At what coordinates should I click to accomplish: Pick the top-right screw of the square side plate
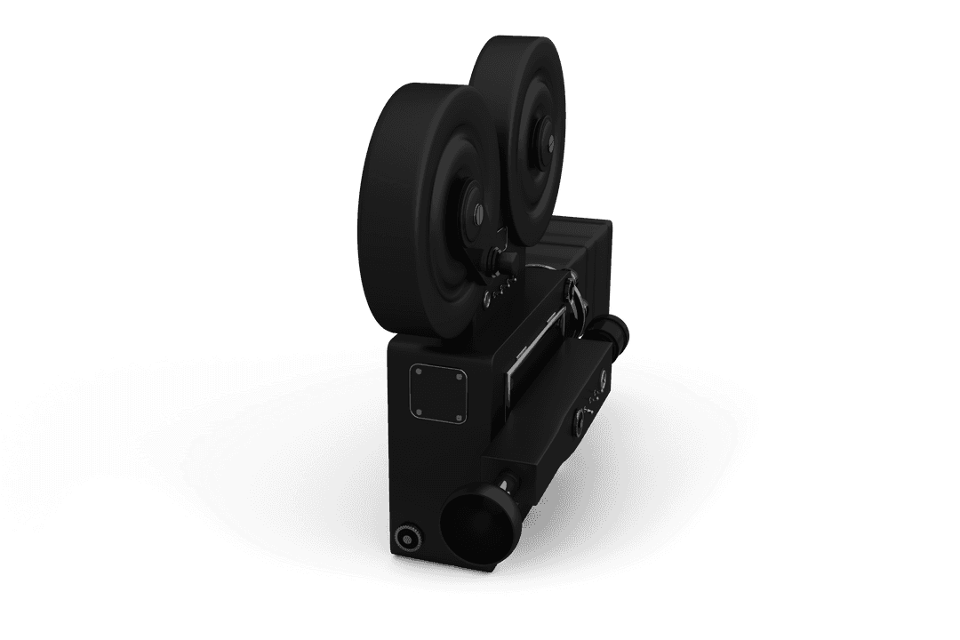click(460, 377)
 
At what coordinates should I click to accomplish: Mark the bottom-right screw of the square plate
click(460, 417)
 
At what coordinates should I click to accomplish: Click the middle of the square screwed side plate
click(437, 394)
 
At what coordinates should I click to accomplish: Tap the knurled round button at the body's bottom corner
click(407, 537)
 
